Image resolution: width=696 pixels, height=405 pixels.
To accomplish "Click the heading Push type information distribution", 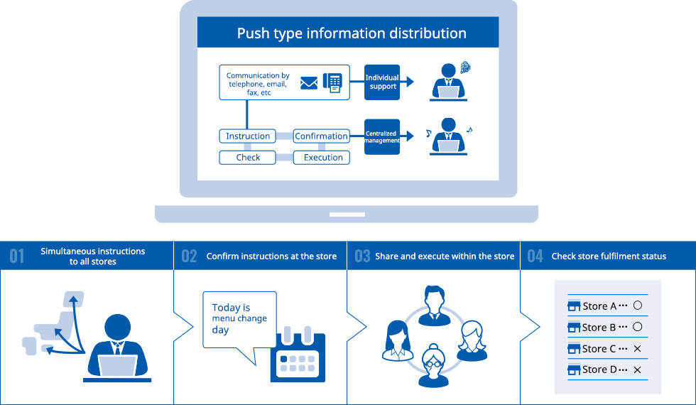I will [352, 33].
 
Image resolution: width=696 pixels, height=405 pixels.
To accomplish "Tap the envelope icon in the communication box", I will [309, 83].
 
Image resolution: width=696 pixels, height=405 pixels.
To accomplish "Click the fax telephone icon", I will [332, 82].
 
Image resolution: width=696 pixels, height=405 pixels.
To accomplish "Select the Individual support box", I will [382, 82].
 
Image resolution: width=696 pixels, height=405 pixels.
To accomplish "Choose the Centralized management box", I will [382, 136].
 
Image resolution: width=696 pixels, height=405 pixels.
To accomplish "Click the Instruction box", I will [248, 136].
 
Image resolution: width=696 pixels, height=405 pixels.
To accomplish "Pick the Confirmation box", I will [321, 136].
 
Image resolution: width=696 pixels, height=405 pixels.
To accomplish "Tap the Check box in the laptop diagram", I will [248, 158].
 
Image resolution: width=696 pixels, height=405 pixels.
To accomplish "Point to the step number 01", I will [17, 256].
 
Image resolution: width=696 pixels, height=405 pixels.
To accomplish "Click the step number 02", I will [189, 256].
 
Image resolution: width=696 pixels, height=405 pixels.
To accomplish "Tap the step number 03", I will [362, 256].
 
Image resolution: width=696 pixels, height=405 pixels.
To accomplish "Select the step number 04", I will [535, 256].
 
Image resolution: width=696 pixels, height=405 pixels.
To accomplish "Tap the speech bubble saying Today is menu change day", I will [239, 320].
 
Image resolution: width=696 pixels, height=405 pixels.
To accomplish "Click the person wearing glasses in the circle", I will [433, 364].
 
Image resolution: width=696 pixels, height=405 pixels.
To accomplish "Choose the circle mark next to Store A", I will [637, 306].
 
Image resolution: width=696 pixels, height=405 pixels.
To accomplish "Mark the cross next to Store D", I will [637, 370].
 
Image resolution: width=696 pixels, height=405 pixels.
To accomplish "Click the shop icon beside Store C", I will [575, 349].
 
